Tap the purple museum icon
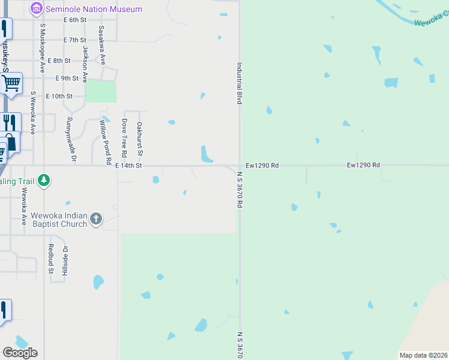tap(37, 9)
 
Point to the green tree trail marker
tap(43, 181)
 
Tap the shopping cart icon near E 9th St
tap(11, 83)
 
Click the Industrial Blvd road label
tap(239, 84)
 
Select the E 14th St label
tap(128, 165)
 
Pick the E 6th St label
tap(75, 20)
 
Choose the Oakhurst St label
tap(139, 139)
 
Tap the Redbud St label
tap(51, 259)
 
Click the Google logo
tap(20, 353)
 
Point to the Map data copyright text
tap(423, 355)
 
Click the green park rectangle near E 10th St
tap(101, 91)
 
